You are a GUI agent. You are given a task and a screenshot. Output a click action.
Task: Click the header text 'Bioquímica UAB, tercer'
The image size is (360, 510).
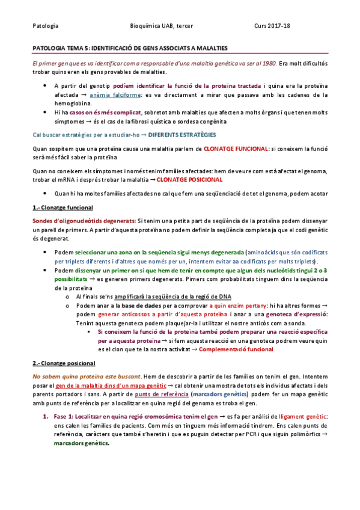point(162,26)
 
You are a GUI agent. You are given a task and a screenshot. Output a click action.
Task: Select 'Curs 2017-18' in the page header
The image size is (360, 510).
point(272,26)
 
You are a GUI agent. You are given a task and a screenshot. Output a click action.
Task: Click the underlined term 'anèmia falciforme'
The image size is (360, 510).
point(115,94)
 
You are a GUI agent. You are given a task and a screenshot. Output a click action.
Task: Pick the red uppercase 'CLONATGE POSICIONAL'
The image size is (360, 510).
point(189,179)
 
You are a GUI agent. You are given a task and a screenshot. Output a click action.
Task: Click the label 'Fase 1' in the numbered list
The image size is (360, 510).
point(63,417)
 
